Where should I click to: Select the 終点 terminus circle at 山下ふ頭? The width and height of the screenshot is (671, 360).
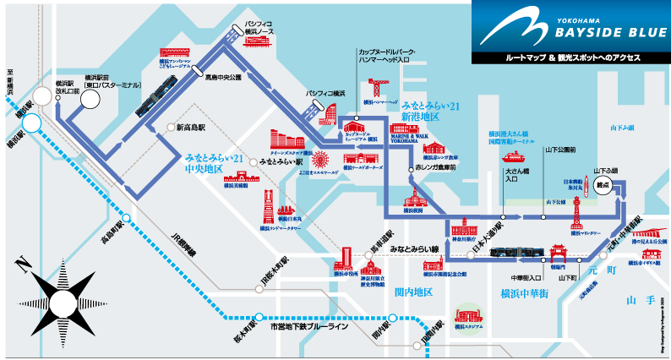tap(603, 188)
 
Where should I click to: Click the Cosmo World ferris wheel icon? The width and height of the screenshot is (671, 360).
tap(321, 159)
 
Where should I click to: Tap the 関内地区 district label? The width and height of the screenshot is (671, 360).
tap(413, 292)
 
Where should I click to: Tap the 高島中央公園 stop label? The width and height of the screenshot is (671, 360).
tap(223, 77)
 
